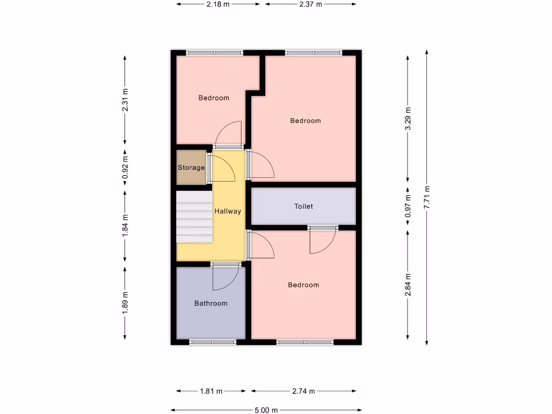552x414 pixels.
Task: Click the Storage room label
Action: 191,168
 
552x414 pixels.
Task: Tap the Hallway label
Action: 227,212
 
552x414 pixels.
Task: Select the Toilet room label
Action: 303,206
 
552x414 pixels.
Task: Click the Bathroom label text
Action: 211,303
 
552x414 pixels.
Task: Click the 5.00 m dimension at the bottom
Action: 266,410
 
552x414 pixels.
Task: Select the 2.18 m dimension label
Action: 218,4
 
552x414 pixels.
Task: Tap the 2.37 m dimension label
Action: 310,4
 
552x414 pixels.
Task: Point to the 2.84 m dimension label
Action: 408,284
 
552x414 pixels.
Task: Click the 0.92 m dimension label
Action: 125,168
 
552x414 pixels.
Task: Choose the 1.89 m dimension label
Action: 125,302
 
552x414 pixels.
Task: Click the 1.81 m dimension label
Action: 211,391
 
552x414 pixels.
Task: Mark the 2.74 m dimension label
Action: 303,391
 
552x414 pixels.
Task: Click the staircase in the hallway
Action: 194,217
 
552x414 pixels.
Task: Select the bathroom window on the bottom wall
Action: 212,342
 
